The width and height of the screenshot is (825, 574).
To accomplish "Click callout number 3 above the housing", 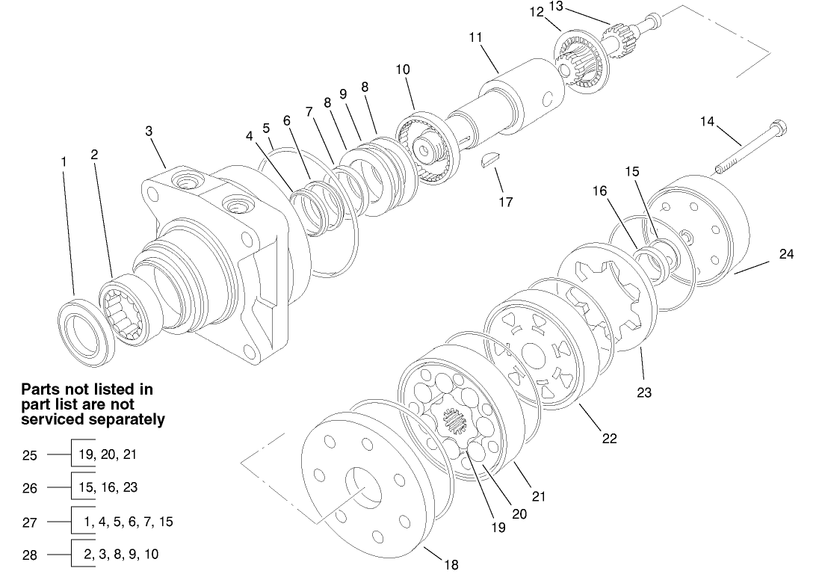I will point(149,131).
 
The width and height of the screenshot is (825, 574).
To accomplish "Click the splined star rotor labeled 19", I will point(455,426).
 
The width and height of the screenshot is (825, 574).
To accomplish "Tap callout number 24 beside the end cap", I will point(785,254).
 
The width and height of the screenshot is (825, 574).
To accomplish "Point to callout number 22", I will point(609,438).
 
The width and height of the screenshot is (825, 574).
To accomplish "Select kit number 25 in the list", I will point(29,454).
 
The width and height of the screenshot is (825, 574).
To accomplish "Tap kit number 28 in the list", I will point(29,555).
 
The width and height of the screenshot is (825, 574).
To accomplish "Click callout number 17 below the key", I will point(506,202).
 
